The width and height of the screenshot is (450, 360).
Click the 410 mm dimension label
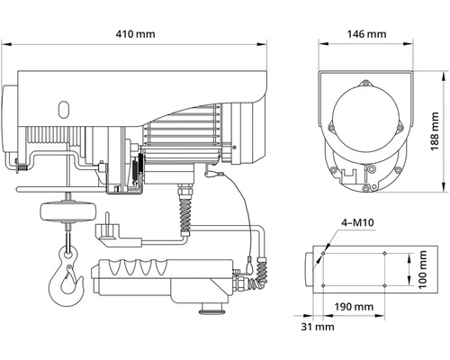[x=138, y=33]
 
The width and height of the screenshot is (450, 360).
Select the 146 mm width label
[x=366, y=33]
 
